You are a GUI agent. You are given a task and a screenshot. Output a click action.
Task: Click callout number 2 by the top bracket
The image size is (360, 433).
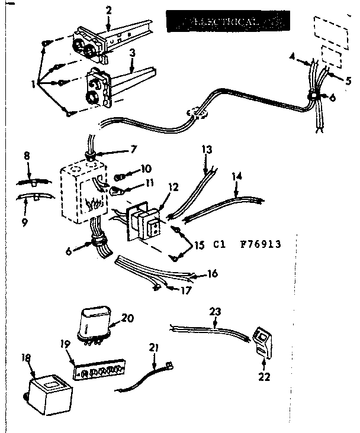pos(108,10)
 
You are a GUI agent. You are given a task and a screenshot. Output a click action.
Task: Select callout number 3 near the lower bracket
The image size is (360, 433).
pos(133,53)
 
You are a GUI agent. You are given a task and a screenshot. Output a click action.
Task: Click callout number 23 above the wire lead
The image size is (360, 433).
pos(215,310)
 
